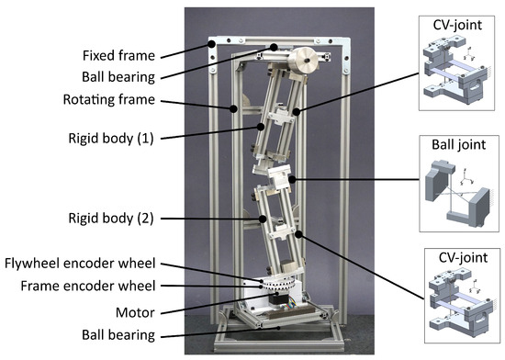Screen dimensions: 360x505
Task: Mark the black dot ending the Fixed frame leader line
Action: pyautogui.click(x=211, y=43)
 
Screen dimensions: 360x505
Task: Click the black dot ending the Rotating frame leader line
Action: pyautogui.click(x=234, y=107)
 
